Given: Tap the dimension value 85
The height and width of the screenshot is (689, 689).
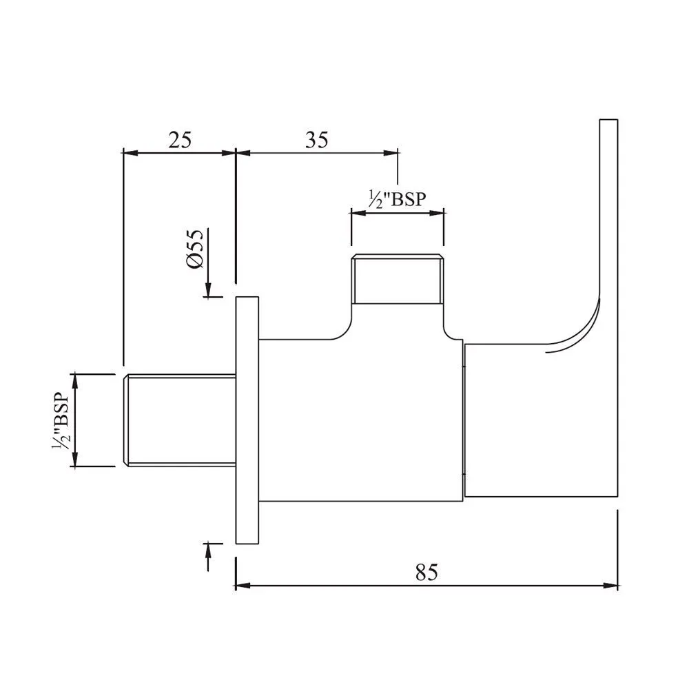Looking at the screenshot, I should point(426,572).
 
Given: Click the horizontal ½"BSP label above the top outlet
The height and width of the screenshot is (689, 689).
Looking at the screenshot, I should point(397,199).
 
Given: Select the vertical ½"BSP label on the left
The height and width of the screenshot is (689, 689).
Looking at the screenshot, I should point(60,421).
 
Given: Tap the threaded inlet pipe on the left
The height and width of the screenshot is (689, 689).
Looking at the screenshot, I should point(179,420).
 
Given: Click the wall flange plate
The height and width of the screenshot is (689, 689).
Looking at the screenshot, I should point(247,420).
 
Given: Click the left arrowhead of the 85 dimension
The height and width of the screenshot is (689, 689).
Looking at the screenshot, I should point(241,586).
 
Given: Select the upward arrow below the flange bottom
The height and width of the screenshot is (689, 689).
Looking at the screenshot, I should point(209,549).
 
